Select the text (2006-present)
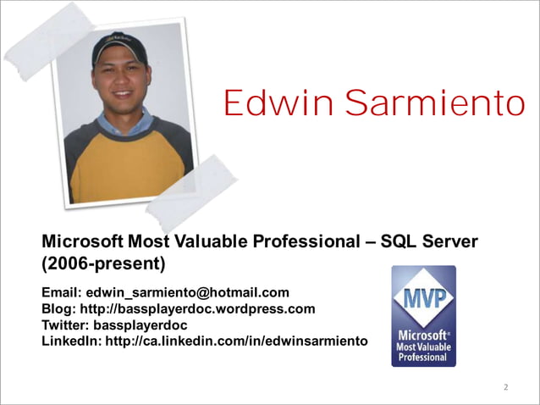pyautogui.click(x=103, y=264)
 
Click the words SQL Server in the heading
pyautogui.click(x=429, y=241)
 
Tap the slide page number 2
pyautogui.click(x=505, y=388)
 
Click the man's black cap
pyautogui.click(x=119, y=47)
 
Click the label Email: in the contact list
pyautogui.click(x=62, y=292)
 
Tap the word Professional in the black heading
pyautogui.click(x=307, y=241)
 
